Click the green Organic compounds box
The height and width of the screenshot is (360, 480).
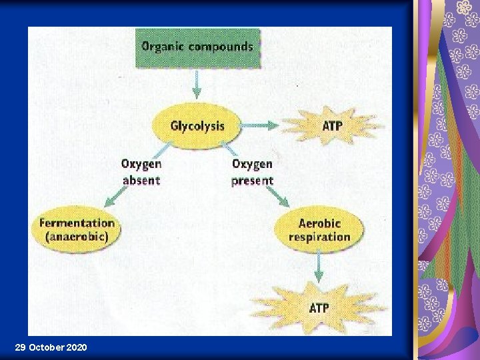198,47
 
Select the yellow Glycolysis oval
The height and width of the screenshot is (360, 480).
197,125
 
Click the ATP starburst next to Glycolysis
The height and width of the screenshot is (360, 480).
331,125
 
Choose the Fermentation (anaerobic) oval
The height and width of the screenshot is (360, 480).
77,229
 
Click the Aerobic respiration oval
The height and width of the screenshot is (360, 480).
319,230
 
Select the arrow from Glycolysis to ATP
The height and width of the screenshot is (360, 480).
261,125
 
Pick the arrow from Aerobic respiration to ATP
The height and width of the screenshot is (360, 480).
319,265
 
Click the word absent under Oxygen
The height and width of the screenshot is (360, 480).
141,179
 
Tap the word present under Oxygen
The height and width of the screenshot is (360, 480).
252,180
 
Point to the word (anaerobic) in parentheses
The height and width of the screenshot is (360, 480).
77,236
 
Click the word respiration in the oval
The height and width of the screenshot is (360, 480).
319,237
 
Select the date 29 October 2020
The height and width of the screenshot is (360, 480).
50,347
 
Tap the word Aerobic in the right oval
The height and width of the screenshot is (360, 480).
319,223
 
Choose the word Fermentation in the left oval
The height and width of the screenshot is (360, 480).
77,223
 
